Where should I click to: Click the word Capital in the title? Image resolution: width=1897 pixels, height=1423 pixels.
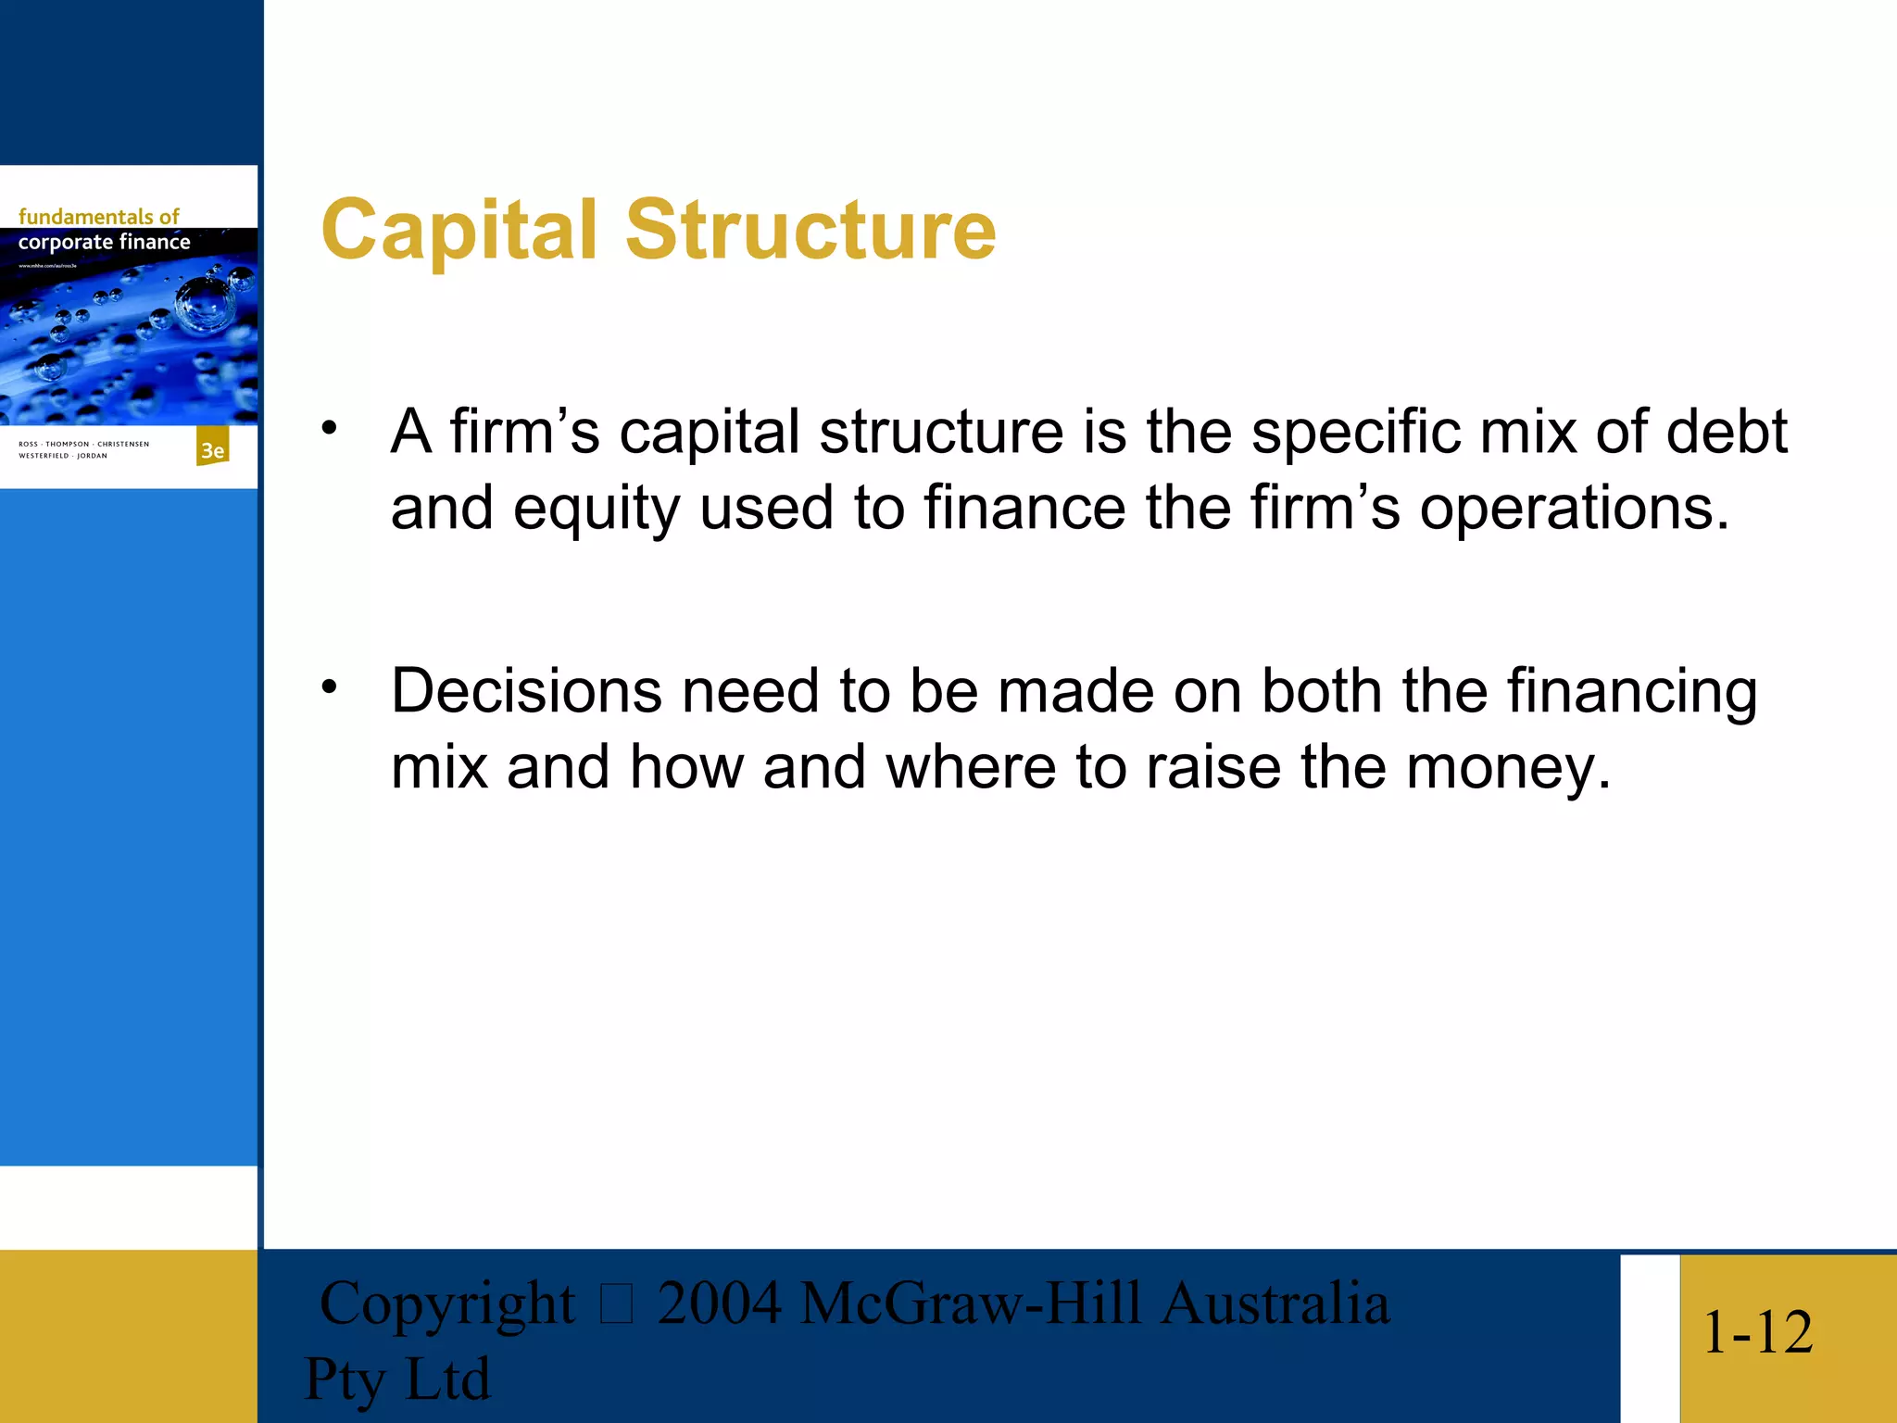point(459,230)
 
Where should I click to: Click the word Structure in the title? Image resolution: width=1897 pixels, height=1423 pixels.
point(810,230)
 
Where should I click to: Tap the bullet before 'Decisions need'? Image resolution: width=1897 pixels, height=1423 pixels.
point(330,686)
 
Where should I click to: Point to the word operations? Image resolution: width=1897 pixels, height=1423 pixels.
point(1575,510)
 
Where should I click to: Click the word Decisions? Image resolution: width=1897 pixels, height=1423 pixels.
point(526,691)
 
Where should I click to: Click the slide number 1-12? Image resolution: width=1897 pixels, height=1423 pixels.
point(1757,1332)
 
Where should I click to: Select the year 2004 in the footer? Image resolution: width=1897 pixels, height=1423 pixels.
point(719,1303)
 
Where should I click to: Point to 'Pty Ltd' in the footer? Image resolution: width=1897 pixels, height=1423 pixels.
point(396,1379)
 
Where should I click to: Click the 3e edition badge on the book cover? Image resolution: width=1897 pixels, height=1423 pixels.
point(212,449)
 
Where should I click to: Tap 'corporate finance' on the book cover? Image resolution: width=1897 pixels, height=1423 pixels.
point(104,242)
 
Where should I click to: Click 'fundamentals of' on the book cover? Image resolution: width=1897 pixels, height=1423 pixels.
point(98,217)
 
